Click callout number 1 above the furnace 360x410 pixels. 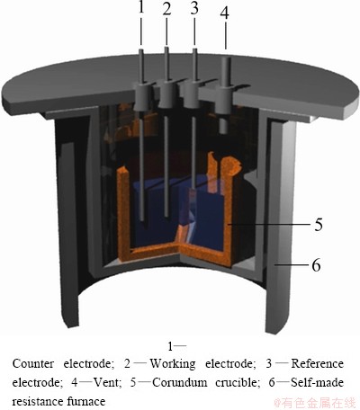[141, 7]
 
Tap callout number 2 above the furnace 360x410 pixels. [166, 9]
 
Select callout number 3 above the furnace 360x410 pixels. [194, 8]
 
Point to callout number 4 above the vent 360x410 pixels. [224, 13]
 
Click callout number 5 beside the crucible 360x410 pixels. [319, 224]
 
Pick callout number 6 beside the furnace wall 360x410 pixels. [316, 265]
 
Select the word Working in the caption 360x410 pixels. [173, 363]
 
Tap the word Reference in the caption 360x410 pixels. [318, 363]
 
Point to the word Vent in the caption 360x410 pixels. [107, 382]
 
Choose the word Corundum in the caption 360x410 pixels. [180, 382]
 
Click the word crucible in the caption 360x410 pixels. [237, 382]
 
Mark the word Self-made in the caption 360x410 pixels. [318, 382]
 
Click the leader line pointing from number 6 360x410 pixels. [292, 265]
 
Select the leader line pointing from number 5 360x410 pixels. [269, 224]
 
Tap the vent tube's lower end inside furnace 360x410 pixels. [223, 130]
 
